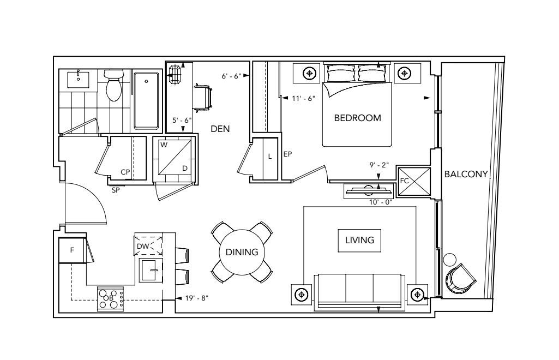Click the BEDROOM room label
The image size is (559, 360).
357,118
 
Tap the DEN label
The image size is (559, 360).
220,129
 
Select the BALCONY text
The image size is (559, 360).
466,174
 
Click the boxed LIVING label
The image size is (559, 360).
359,240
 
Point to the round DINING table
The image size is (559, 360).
242,252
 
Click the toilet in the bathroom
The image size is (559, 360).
114,85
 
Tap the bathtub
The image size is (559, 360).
146,101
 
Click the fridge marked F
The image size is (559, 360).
73,250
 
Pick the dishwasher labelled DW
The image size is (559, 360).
148,245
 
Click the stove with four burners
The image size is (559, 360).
111,299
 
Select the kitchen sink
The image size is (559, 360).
151,270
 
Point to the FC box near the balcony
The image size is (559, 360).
414,182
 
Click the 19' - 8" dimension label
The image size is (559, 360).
197,298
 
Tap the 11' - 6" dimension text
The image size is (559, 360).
303,98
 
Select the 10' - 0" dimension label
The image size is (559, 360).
381,202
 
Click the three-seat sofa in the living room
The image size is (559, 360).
359,292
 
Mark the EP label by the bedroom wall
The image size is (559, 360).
288,154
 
